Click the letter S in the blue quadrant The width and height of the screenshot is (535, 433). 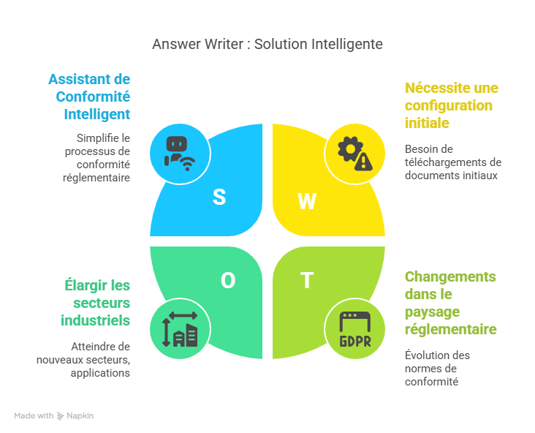(219, 197)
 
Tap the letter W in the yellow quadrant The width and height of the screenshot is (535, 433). (307, 201)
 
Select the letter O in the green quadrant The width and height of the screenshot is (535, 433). (228, 280)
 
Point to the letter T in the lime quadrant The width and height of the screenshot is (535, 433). (307, 280)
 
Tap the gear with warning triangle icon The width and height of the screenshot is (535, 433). (354, 153)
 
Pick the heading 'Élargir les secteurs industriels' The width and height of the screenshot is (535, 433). (96, 303)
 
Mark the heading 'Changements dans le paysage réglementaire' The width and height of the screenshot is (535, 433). (450, 303)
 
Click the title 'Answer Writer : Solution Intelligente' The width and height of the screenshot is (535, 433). (267, 45)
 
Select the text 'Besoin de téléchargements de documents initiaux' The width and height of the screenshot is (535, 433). (452, 162)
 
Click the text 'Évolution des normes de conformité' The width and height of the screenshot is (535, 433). (437, 368)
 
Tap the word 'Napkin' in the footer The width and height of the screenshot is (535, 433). (80, 415)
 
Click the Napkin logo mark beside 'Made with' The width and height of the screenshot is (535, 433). (61, 415)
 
